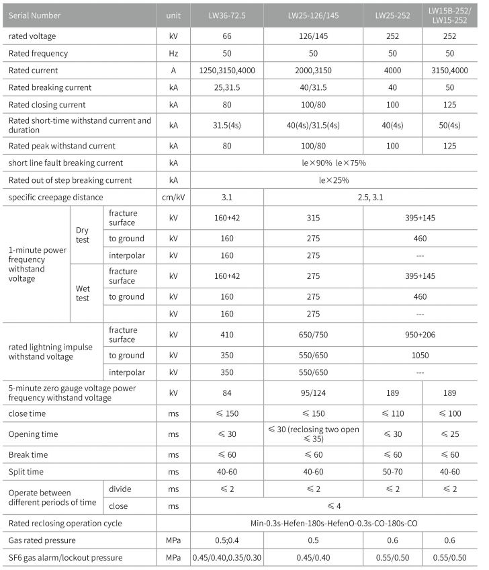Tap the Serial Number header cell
35,15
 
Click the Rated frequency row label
38,52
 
